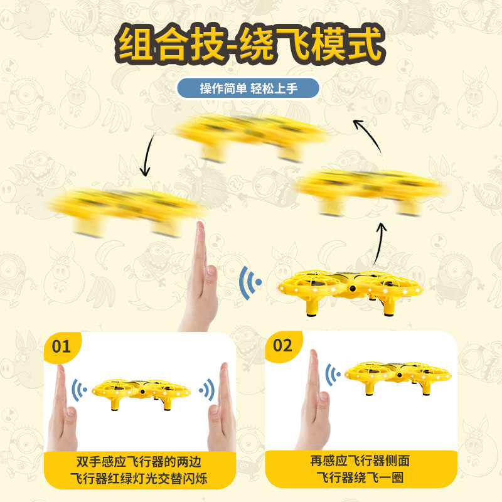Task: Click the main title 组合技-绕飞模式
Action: pyautogui.click(x=250, y=44)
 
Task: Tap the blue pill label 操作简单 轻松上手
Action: pyautogui.click(x=248, y=88)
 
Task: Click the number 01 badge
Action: pyautogui.click(x=61, y=346)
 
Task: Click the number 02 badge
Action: pyautogui.click(x=282, y=346)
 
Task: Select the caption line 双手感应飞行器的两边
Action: pyautogui.click(x=139, y=462)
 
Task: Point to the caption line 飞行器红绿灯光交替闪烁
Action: pyautogui.click(x=139, y=478)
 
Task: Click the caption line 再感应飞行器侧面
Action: pyautogui.click(x=360, y=461)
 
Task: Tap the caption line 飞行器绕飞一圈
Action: pyautogui.click(x=360, y=478)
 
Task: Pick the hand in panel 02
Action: pyautogui.click(x=313, y=400)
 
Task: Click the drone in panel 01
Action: pyautogui.click(x=141, y=393)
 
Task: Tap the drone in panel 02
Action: pyautogui.click(x=398, y=377)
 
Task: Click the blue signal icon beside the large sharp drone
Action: pyautogui.click(x=250, y=282)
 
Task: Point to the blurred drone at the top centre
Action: pyautogui.click(x=252, y=137)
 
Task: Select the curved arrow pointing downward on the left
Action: pyautogui.click(x=147, y=156)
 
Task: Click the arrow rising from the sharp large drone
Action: pyautogui.click(x=380, y=243)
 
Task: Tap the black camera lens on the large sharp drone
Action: pyautogui.click(x=353, y=289)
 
